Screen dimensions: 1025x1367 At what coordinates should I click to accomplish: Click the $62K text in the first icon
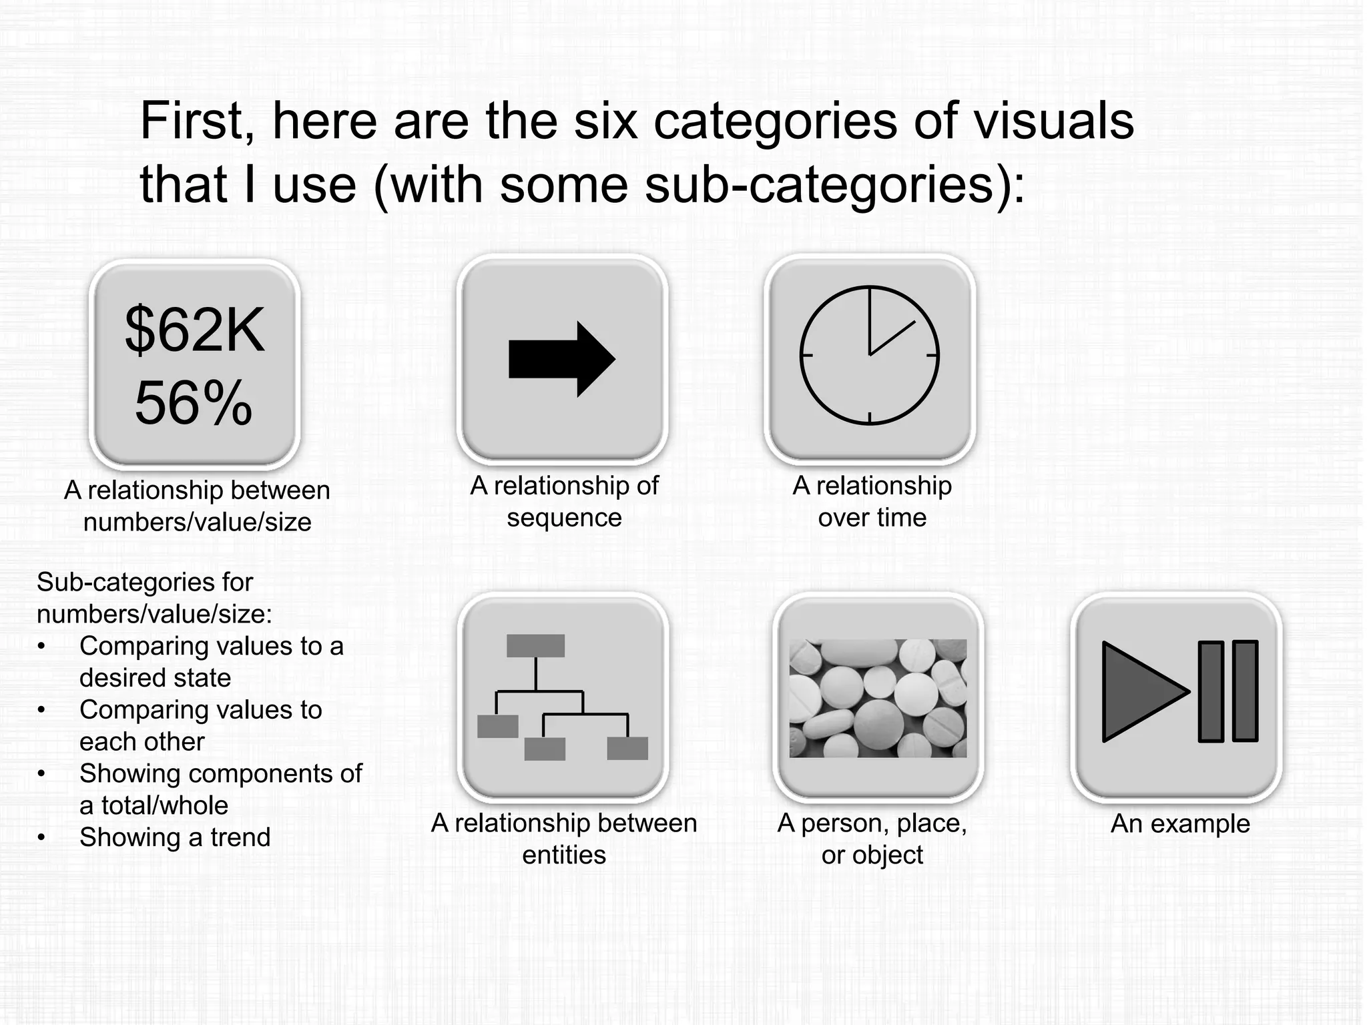[194, 330]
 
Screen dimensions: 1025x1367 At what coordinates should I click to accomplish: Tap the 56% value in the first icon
[194, 403]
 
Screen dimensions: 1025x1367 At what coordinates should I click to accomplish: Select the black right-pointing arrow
[561, 359]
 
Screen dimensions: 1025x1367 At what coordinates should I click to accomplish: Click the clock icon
[869, 355]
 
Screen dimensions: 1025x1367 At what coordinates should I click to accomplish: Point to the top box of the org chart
[535, 645]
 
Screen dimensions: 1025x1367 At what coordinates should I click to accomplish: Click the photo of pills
[878, 698]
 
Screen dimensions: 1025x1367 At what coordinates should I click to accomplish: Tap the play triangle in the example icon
[1141, 691]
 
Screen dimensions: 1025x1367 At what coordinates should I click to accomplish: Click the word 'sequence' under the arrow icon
[564, 518]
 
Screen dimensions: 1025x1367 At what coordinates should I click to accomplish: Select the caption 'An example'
[1179, 823]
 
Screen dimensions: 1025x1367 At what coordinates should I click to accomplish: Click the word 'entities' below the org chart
[564, 855]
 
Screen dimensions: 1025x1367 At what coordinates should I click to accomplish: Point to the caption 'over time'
[872, 518]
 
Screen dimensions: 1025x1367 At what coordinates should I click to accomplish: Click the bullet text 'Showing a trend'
[175, 837]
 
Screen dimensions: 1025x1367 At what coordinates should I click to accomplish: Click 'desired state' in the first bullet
[155, 678]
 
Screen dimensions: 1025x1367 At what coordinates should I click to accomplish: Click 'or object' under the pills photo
[872, 855]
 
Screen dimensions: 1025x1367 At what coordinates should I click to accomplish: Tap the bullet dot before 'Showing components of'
[41, 774]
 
